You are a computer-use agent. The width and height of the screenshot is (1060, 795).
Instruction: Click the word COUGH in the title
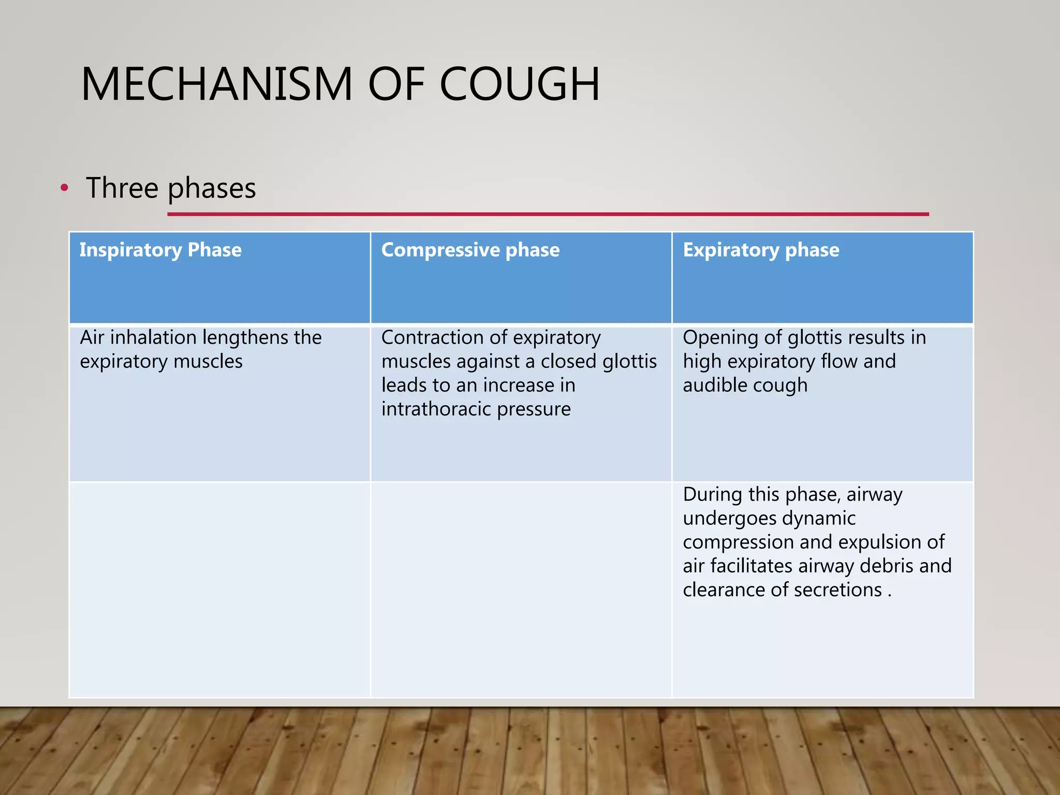click(x=519, y=84)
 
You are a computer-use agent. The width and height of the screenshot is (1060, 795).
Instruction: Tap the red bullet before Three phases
click(x=64, y=188)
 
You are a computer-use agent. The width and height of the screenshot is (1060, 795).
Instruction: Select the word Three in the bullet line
click(x=122, y=188)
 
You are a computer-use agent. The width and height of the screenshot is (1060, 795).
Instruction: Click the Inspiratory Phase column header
click(x=160, y=250)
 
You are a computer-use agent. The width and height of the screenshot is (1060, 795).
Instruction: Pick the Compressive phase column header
click(x=470, y=250)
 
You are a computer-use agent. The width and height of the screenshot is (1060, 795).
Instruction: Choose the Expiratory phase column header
click(x=761, y=250)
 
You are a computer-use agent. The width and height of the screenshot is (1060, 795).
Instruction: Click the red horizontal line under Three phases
click(x=548, y=214)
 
